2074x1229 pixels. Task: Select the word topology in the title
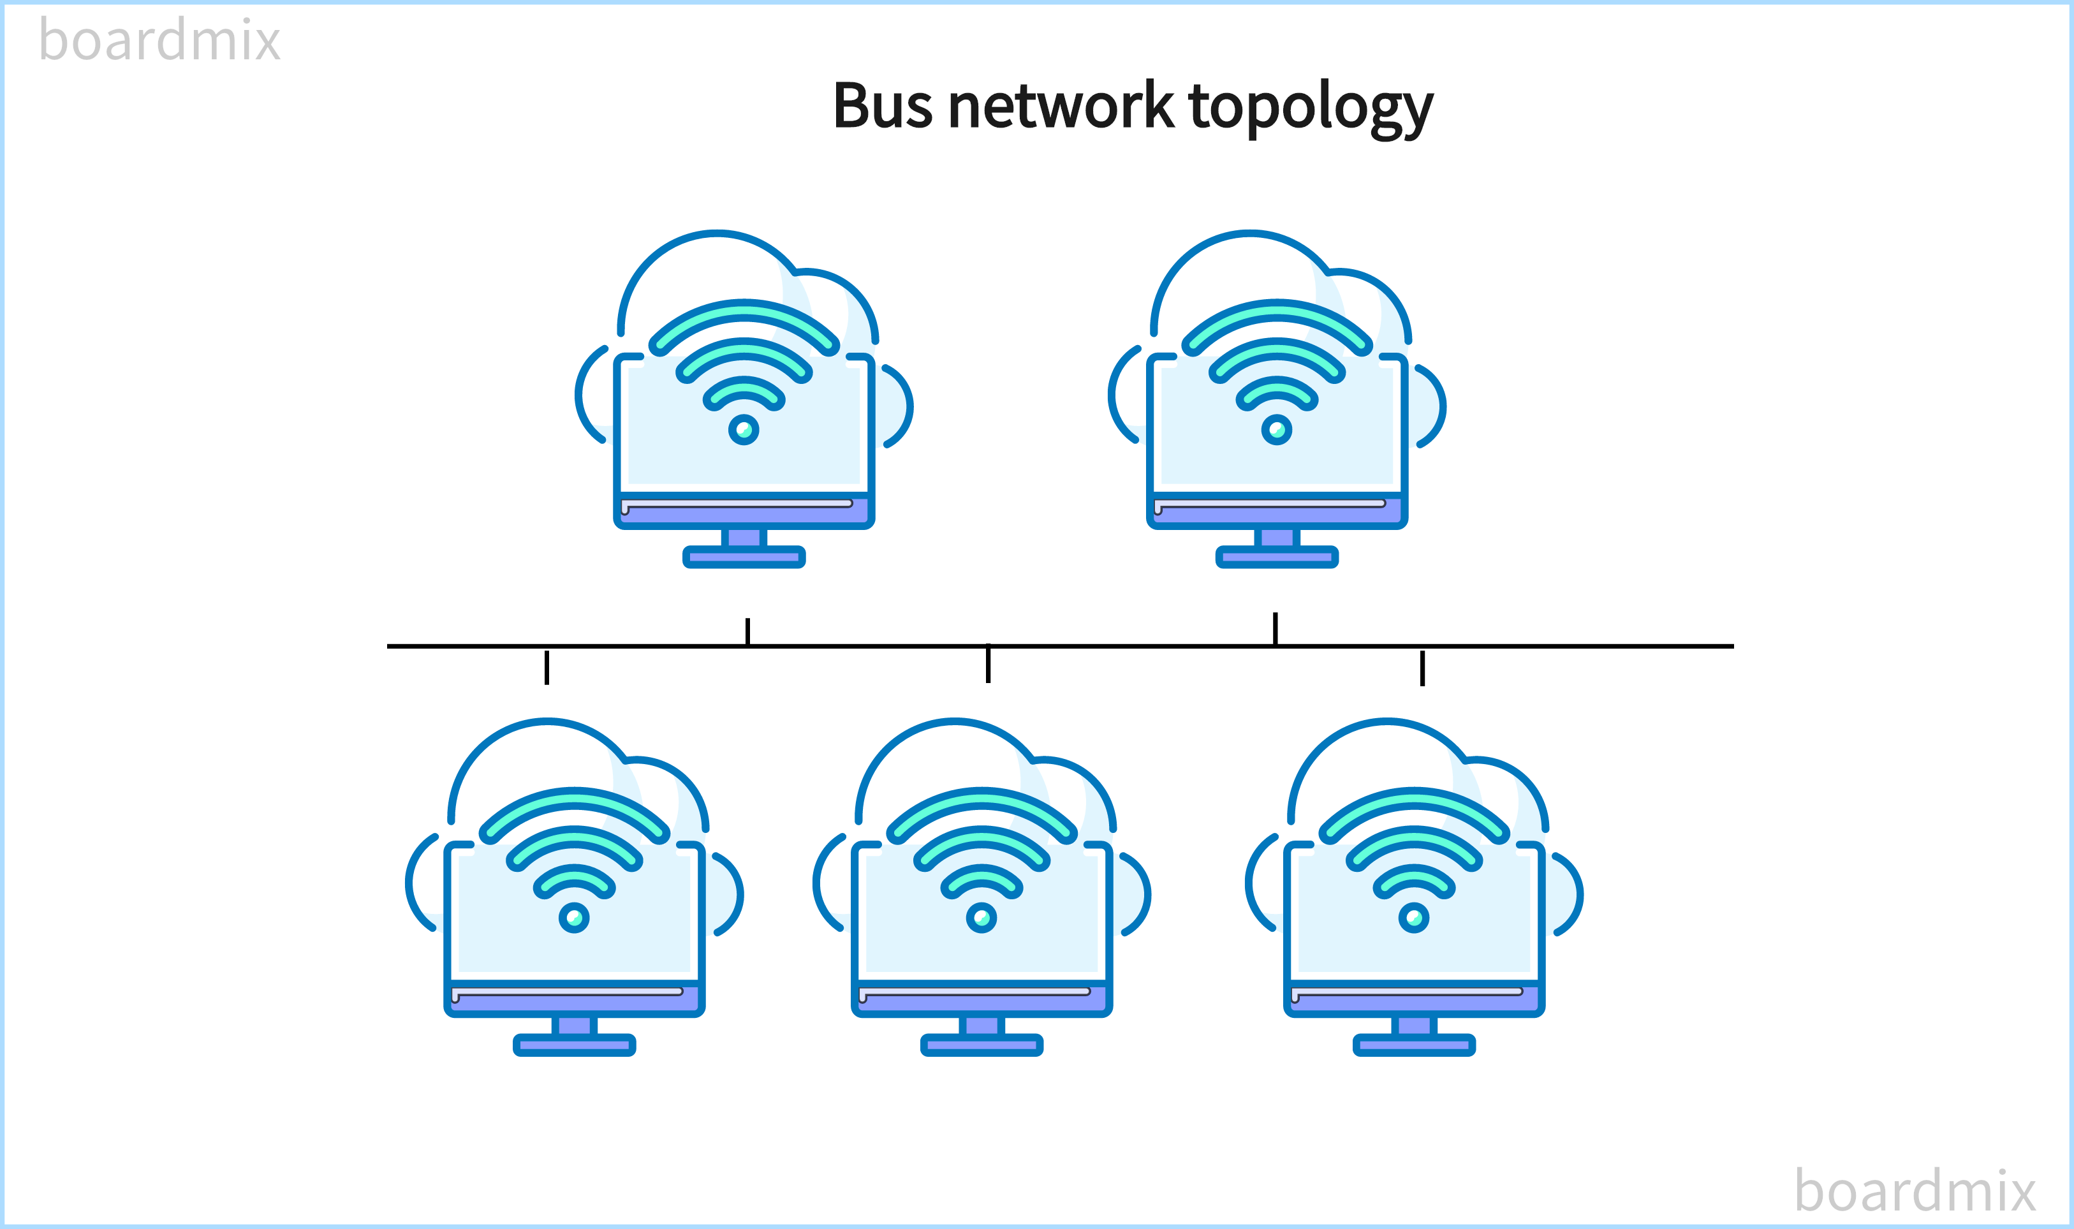[x=1311, y=108]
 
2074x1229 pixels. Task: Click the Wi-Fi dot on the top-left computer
[x=744, y=430]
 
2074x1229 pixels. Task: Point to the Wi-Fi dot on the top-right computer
[x=1277, y=430]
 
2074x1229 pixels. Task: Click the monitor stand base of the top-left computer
[x=744, y=557]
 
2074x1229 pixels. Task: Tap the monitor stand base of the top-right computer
[x=1277, y=557]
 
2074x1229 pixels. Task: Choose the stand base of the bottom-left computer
[x=574, y=1045]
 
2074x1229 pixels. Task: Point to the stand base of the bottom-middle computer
[x=981, y=1045]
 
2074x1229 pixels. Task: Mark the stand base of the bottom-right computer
[x=1414, y=1045]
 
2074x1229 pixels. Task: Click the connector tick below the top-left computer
[x=747, y=631]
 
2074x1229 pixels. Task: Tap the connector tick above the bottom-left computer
[x=547, y=668]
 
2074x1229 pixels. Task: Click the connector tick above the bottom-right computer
[x=1422, y=668]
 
